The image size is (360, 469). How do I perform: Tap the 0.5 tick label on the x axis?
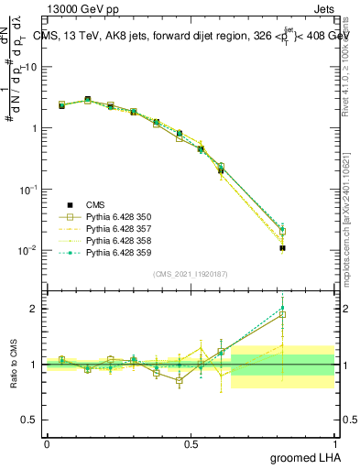point(191,442)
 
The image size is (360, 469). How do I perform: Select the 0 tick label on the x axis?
point(47,442)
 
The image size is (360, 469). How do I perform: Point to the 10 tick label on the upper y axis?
point(32,67)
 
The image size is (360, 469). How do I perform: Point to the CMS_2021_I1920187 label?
point(190,274)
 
